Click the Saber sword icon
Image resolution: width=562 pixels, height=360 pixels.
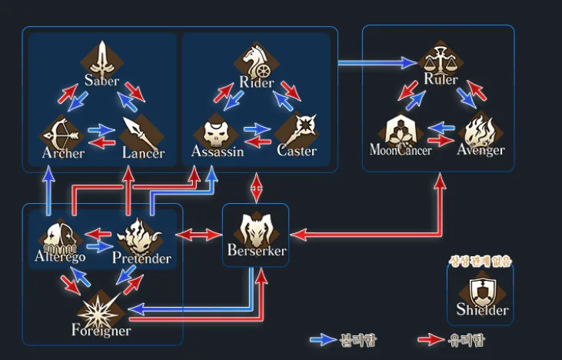(103, 56)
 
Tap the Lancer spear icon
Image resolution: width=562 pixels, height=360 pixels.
(140, 134)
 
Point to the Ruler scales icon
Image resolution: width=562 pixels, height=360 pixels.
(440, 59)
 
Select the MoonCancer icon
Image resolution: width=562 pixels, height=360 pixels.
(400, 129)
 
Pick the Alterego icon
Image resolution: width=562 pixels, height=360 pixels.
(59, 236)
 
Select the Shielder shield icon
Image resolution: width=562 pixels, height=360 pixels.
(481, 292)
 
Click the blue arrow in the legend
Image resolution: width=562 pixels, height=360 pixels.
(321, 339)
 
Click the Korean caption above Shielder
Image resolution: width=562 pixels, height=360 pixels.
(481, 262)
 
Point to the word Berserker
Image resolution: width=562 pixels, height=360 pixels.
(256, 251)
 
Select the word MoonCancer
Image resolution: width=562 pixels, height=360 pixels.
(401, 149)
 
